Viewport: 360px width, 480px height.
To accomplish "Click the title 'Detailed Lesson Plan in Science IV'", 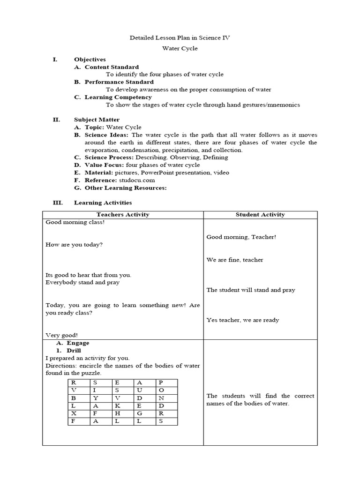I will pyautogui.click(x=180, y=37).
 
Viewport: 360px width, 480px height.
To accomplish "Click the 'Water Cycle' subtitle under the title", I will pyautogui.click(x=180, y=48).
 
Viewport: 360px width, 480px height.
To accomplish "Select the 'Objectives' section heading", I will pyautogui.click(x=90, y=60).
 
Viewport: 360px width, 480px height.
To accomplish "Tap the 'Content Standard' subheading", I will pyautogui.click(x=112, y=67).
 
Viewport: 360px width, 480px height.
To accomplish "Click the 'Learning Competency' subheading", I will pyautogui.click(x=118, y=97).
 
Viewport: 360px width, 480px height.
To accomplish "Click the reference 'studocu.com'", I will pyautogui.click(x=136, y=180).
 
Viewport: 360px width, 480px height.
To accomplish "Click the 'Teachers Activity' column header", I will pyautogui.click(x=123, y=215).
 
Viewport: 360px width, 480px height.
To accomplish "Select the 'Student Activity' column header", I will pyautogui.click(x=260, y=215).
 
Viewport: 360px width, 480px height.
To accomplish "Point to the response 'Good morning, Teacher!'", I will pyautogui.click(x=241, y=237).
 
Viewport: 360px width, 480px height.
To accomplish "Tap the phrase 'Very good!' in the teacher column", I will pyautogui.click(x=62, y=335).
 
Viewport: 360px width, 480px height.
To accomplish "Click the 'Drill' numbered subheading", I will pyautogui.click(x=74, y=350).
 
